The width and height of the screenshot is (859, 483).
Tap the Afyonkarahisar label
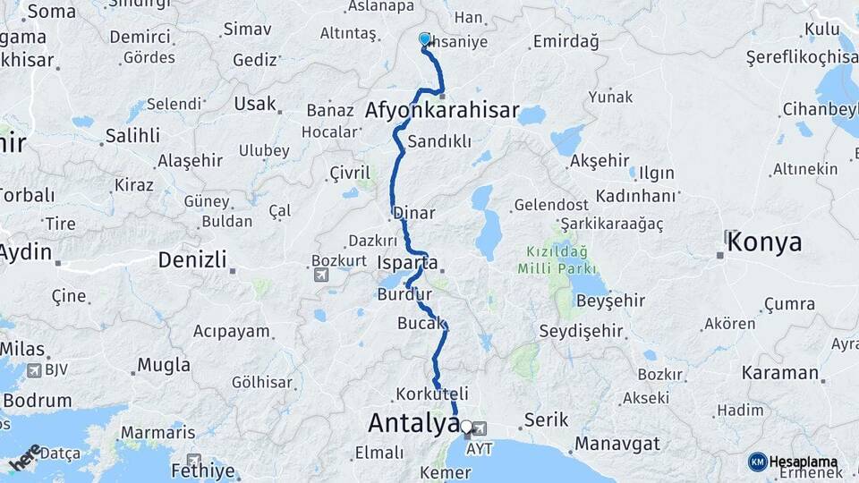coord(442,111)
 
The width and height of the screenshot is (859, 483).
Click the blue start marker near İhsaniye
coord(425,38)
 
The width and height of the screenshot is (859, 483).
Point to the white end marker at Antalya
coord(465,427)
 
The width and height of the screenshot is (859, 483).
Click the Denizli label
coord(193,260)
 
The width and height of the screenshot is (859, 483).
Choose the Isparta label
coord(408,263)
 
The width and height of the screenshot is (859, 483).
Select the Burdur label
coord(404,294)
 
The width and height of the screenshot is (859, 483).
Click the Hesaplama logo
coord(793,462)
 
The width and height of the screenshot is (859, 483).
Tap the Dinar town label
coord(414,214)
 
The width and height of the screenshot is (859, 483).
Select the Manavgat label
coord(617,443)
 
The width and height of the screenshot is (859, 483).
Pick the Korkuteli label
coord(431,394)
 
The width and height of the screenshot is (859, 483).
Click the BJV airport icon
coord(34,370)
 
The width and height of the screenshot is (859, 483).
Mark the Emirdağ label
coord(563,41)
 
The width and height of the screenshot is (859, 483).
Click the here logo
coord(25,458)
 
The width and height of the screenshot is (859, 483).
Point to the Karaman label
coord(780,373)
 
